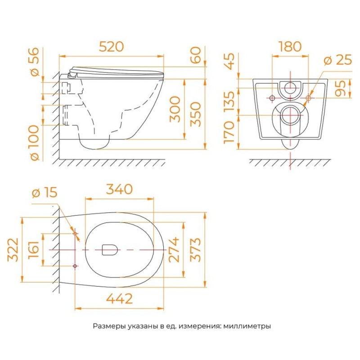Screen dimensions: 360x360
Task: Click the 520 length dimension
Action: [111, 47]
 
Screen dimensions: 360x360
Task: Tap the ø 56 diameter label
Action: [35, 62]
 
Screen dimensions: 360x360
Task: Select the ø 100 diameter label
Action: [35, 143]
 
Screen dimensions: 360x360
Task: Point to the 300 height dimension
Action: [175, 109]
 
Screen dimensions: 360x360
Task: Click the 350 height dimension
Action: [196, 114]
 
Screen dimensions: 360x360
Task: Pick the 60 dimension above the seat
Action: [196, 55]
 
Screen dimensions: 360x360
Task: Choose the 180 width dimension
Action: [290, 47]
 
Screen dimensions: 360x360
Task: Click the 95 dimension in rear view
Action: [340, 88]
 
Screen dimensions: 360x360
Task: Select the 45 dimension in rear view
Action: [229, 61]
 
